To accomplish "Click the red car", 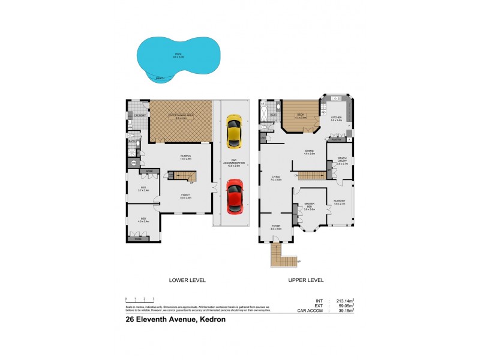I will (x=234, y=197).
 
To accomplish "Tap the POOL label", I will (x=179, y=55).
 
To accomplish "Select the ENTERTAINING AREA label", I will (x=181, y=116).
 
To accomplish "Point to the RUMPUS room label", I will (x=185, y=157).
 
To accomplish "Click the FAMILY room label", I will (x=185, y=196).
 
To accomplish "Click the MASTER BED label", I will (x=310, y=206).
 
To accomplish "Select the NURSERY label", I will (x=339, y=202).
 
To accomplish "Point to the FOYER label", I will (x=276, y=227).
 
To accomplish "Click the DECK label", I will (x=301, y=115).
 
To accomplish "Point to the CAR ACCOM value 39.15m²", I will (x=343, y=311).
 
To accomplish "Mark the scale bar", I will (x=139, y=299).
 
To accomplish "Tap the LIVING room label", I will (x=276, y=178).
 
